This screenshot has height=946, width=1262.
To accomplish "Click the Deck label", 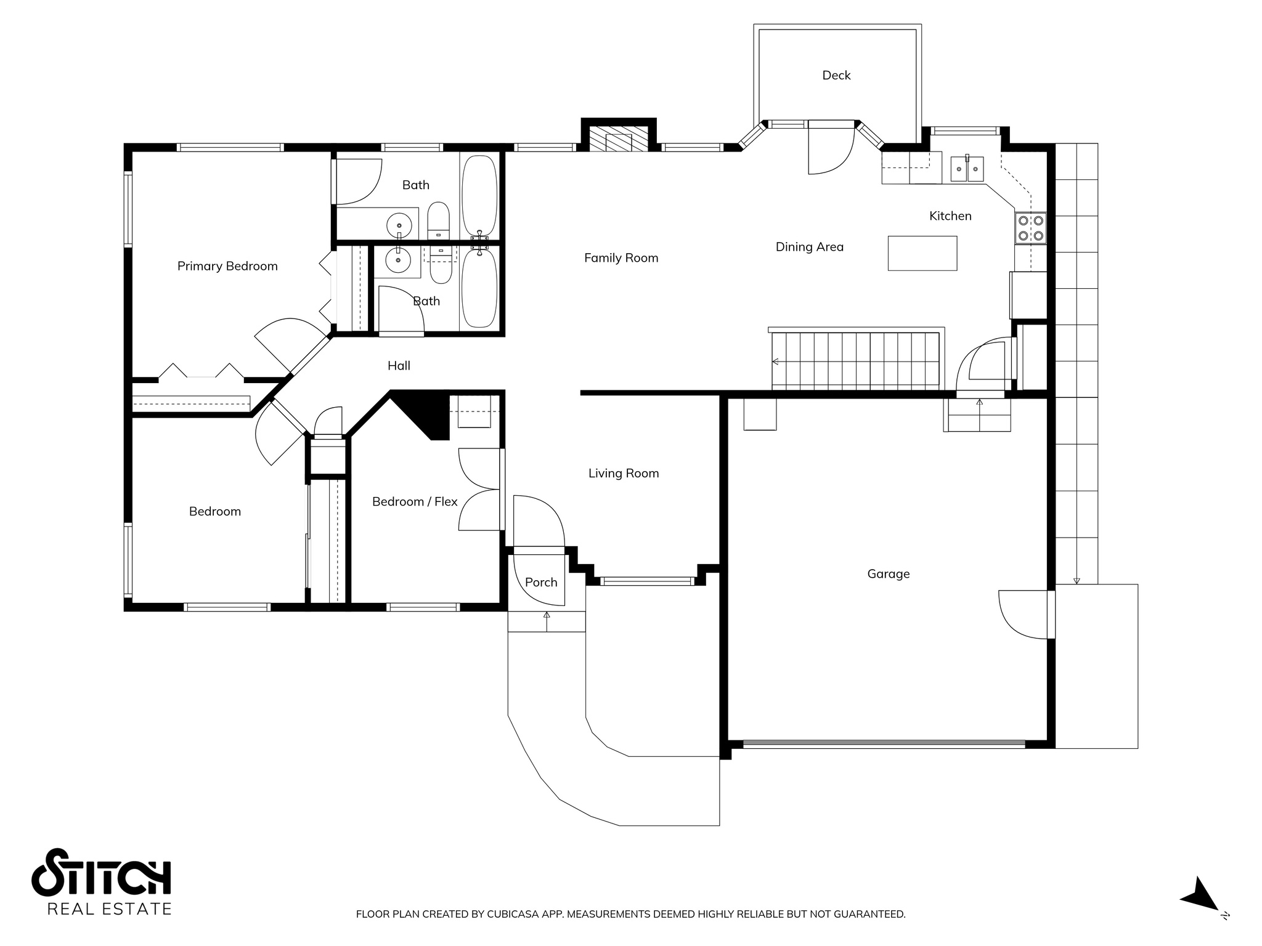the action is click(836, 75).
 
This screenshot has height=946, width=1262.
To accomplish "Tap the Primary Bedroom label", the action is click(227, 266).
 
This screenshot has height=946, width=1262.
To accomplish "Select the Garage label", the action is click(888, 574).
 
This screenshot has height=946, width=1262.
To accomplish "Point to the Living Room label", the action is click(624, 473).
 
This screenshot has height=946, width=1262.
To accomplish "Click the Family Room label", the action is click(621, 258).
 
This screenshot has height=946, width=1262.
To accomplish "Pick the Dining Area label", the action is click(810, 247).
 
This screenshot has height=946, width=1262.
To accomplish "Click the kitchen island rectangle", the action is click(922, 253).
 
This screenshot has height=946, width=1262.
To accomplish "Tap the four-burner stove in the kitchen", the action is click(1030, 228).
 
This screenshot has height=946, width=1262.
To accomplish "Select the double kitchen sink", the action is click(966, 169).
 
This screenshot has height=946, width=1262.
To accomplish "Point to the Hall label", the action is click(399, 366).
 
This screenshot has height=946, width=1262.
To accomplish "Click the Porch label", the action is click(541, 583).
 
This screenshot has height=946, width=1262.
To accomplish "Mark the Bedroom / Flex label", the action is click(415, 502).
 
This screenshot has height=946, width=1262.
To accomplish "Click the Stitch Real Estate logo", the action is click(102, 882).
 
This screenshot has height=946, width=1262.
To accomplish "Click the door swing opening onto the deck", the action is click(831, 148).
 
